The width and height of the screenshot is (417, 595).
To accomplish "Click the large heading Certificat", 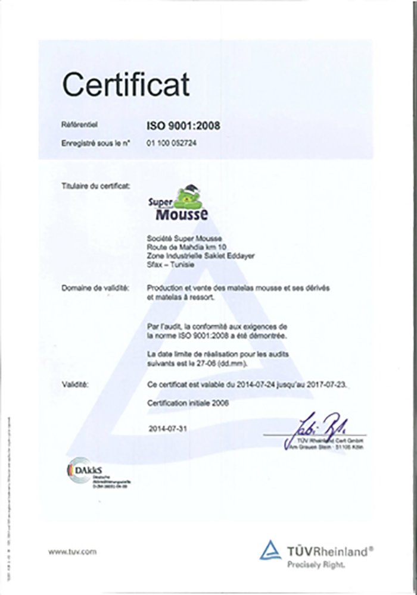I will tap(126, 85).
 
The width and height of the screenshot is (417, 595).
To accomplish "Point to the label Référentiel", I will tap(79, 125).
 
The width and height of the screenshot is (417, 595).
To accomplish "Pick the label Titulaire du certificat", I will tap(95, 186).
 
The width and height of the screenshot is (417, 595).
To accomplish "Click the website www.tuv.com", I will tap(71, 552).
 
